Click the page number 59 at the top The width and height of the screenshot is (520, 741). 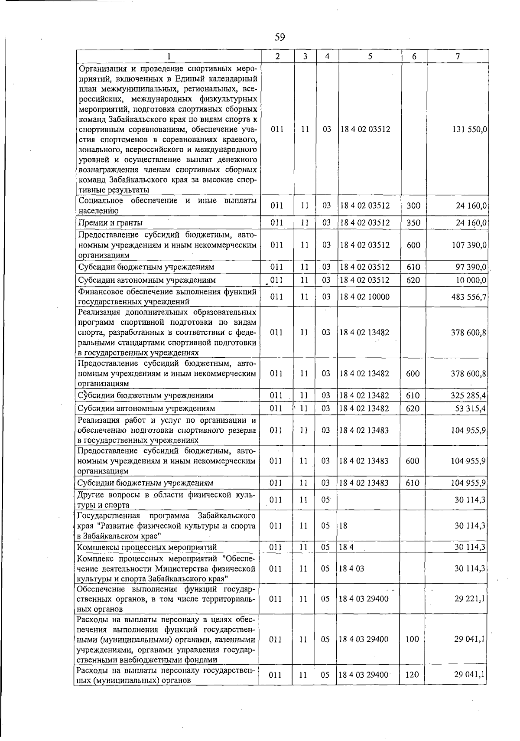point(279,37)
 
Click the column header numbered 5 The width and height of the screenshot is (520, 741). point(370,56)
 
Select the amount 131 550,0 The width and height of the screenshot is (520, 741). point(466,129)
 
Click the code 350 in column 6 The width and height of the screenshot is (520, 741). point(413,223)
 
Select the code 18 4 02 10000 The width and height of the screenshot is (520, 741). point(364,297)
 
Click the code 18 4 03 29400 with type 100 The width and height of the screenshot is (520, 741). point(364,640)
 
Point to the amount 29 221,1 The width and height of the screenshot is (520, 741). point(470,599)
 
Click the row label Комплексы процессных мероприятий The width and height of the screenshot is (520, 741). point(146,548)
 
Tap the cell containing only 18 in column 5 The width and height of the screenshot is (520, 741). point(344,526)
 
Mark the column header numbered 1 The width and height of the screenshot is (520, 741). point(169,56)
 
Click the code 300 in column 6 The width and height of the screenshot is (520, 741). point(413,206)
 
